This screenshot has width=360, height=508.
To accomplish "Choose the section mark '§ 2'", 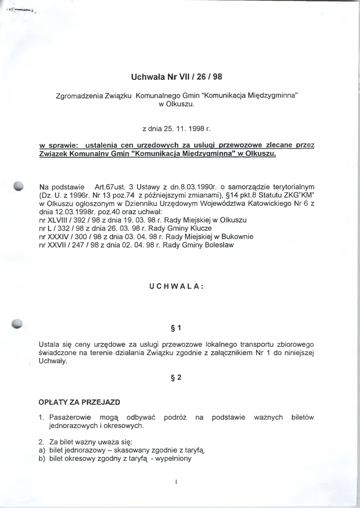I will pyautogui.click(x=176, y=378).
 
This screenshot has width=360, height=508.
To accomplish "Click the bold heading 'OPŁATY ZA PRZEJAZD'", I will pyautogui.click(x=79, y=401).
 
